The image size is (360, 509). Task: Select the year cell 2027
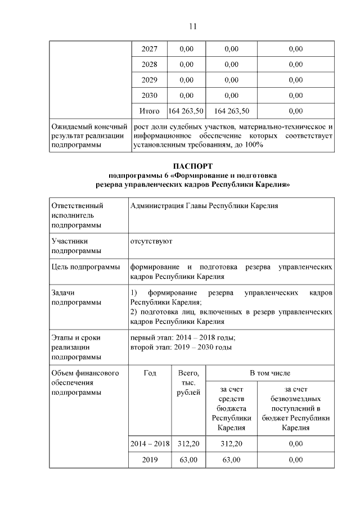coord(149,49)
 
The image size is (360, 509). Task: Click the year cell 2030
coord(149,95)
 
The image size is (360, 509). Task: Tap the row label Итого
coord(149,111)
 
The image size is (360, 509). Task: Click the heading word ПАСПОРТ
coord(193,167)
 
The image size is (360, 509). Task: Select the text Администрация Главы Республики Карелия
coord(203,206)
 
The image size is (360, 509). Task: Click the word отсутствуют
coord(151,241)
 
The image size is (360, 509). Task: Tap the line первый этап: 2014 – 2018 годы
coord(183,337)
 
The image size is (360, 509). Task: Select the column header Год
coord(150,373)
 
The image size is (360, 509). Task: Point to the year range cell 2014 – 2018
coord(150,444)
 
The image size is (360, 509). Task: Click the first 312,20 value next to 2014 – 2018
coord(188,444)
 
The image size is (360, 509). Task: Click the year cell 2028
coord(149,64)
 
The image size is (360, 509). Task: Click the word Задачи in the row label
coord(62,293)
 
